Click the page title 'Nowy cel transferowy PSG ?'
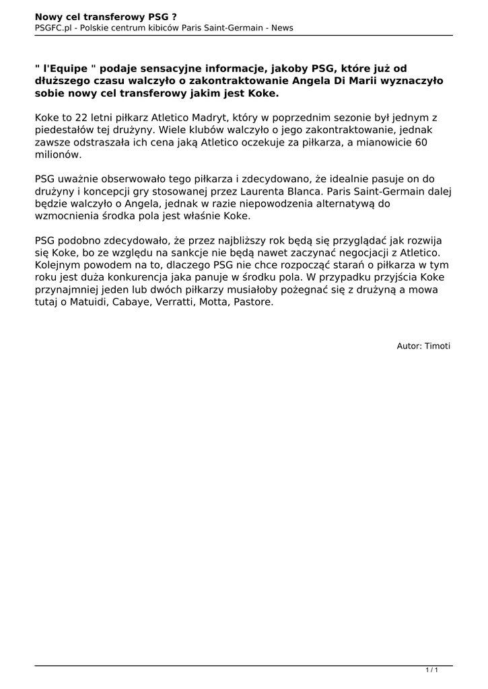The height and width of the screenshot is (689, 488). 101,15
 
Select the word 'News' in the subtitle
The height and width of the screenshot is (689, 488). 282,28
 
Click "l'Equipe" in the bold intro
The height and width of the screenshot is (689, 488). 67,68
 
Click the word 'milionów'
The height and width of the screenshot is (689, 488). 57,155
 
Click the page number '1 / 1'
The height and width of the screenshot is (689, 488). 432,670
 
